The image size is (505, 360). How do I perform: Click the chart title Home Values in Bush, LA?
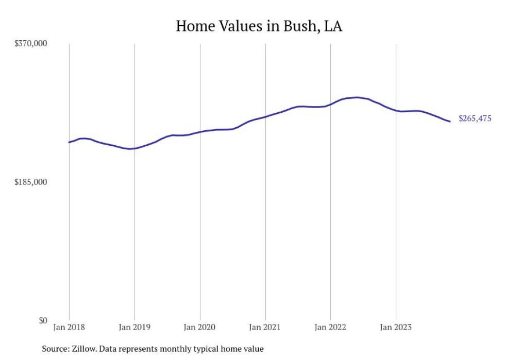(259, 26)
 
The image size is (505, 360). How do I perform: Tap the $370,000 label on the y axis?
(30, 44)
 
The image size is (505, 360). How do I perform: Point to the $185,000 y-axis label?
(30, 182)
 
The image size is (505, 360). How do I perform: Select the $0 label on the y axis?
(42, 320)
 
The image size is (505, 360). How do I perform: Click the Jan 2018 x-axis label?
(69, 327)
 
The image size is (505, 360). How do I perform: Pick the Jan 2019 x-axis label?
(134, 327)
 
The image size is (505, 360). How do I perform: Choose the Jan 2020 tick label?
(200, 327)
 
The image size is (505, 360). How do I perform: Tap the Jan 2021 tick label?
(265, 327)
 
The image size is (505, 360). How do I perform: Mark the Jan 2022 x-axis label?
(330, 327)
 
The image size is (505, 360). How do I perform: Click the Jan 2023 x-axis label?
(396, 327)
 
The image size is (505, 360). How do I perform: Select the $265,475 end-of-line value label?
(475, 119)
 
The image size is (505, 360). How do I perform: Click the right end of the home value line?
(450, 122)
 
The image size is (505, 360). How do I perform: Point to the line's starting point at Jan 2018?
(69, 142)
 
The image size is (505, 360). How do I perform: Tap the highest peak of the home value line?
(357, 97)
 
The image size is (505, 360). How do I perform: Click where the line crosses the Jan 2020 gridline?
(200, 132)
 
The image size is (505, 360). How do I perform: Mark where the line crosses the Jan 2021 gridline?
(265, 117)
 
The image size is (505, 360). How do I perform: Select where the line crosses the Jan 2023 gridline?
(396, 110)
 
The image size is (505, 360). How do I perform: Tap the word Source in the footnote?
(55, 349)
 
